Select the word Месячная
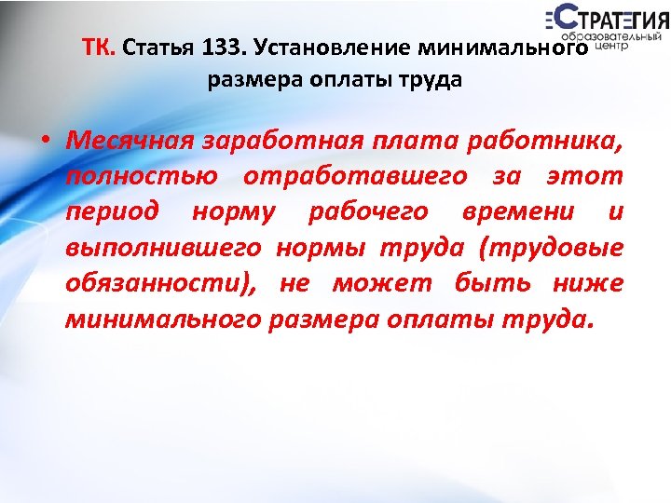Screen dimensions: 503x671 129,142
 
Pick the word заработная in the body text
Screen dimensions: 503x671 276,142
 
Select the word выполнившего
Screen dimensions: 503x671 164,248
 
